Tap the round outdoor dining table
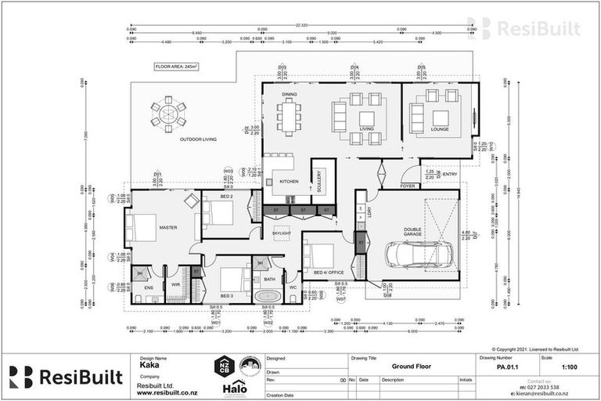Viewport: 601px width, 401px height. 169,114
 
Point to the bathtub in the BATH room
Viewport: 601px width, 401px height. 268,295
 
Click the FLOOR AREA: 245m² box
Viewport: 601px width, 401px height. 176,67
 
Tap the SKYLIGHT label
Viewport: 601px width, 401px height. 281,233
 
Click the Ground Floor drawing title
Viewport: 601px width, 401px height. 412,366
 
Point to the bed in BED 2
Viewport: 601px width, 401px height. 217,210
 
